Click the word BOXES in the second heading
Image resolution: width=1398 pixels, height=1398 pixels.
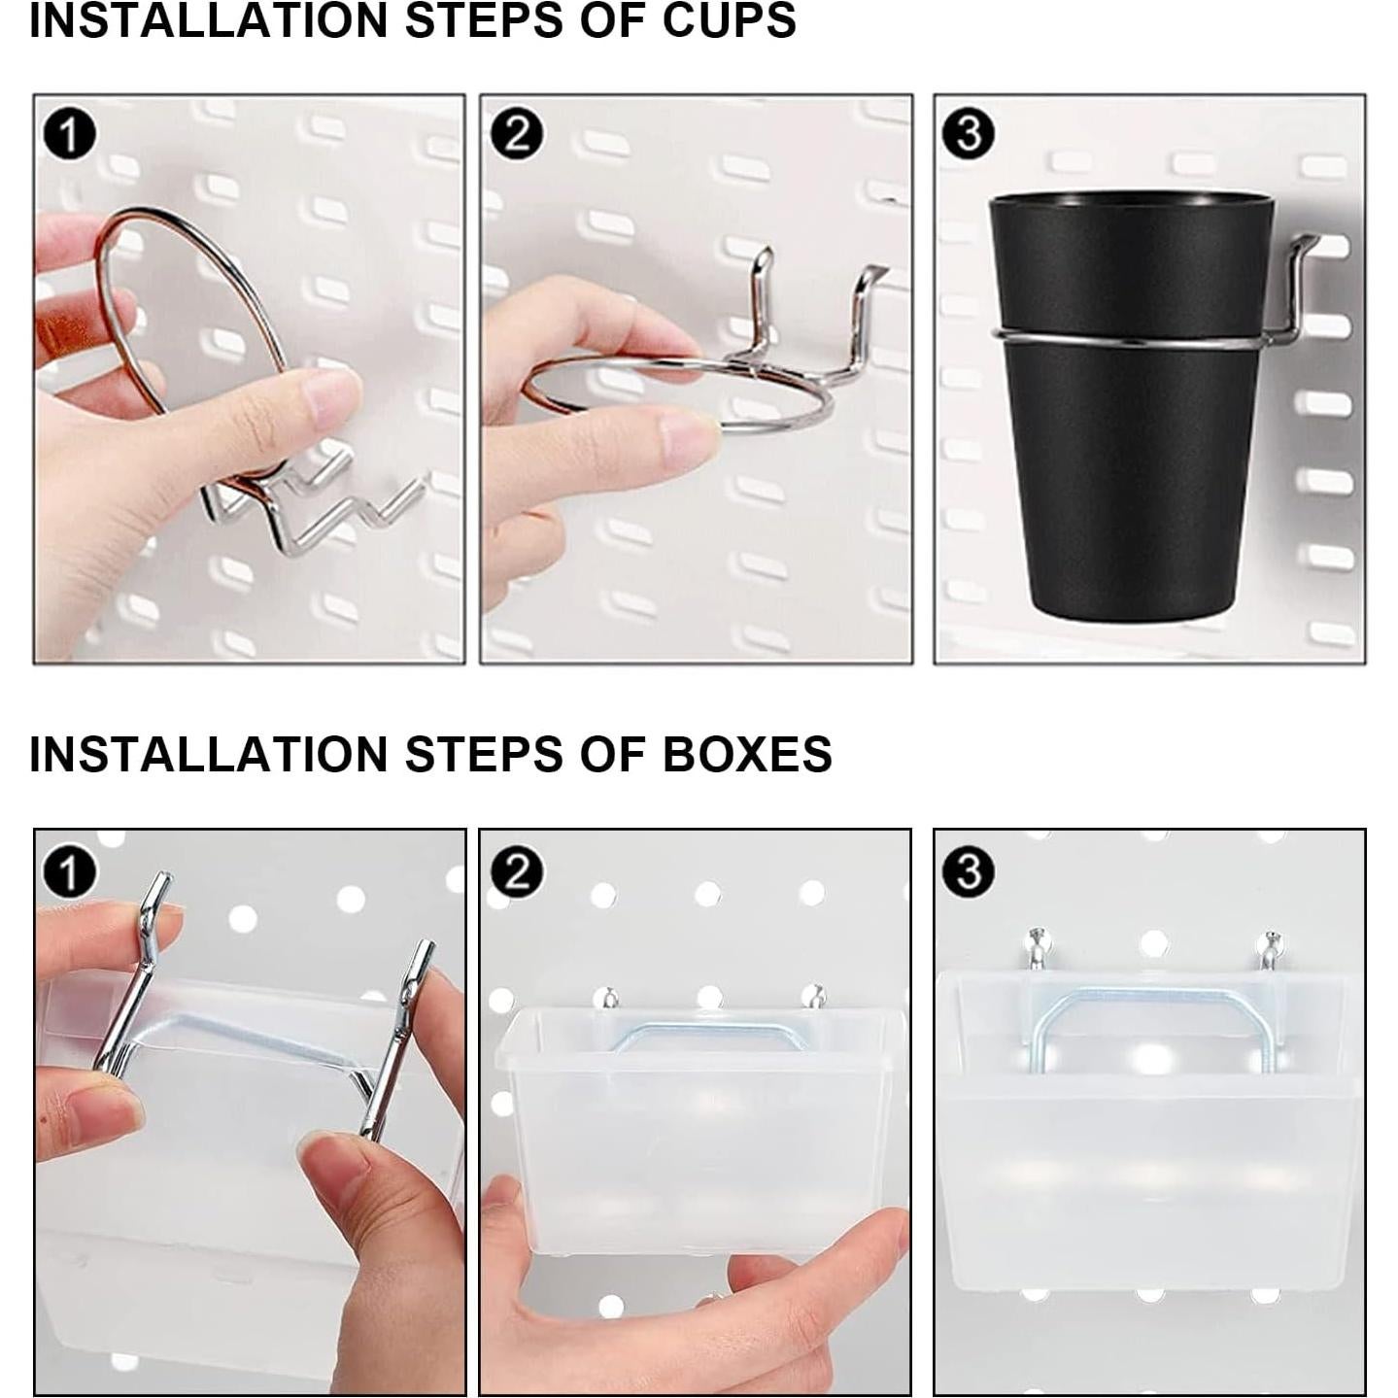[x=747, y=754]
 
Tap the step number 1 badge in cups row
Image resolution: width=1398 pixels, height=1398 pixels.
[x=69, y=134]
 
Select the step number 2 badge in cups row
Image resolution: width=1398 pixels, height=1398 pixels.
[x=516, y=134]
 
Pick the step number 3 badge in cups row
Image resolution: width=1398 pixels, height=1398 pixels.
[x=968, y=134]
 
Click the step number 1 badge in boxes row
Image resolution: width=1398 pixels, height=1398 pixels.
[x=69, y=872]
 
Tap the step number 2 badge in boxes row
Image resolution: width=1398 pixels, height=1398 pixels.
[x=516, y=872]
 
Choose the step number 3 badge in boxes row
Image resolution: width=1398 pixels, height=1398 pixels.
[x=968, y=872]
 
